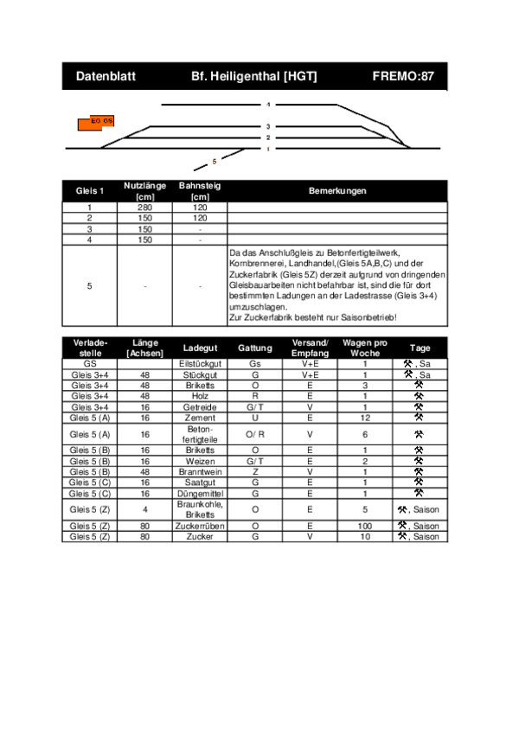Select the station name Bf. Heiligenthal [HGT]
(254, 77)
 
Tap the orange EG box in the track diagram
(96, 122)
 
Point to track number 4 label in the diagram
(268, 105)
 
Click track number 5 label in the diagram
(214, 161)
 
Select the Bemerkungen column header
(337, 191)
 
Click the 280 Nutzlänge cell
(144, 208)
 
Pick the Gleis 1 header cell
(90, 191)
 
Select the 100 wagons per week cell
(364, 526)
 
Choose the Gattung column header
(254, 348)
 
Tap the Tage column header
(420, 348)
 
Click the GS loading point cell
(90, 364)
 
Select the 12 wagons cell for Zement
(364, 417)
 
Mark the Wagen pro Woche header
(364, 348)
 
